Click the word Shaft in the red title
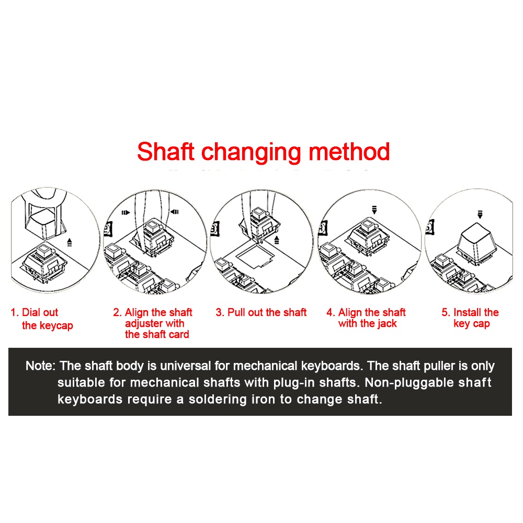(x=166, y=152)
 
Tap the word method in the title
(x=349, y=152)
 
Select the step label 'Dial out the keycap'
(x=42, y=319)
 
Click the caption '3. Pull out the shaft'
(x=261, y=313)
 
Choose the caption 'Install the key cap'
(x=470, y=318)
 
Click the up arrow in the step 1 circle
(x=70, y=242)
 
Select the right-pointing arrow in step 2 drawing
(x=126, y=212)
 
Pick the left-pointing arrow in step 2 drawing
(x=175, y=212)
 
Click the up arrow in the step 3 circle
(x=277, y=240)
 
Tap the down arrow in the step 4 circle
(x=374, y=210)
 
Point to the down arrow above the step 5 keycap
(x=480, y=214)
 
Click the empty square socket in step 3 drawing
(x=255, y=256)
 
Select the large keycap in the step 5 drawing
(x=476, y=244)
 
